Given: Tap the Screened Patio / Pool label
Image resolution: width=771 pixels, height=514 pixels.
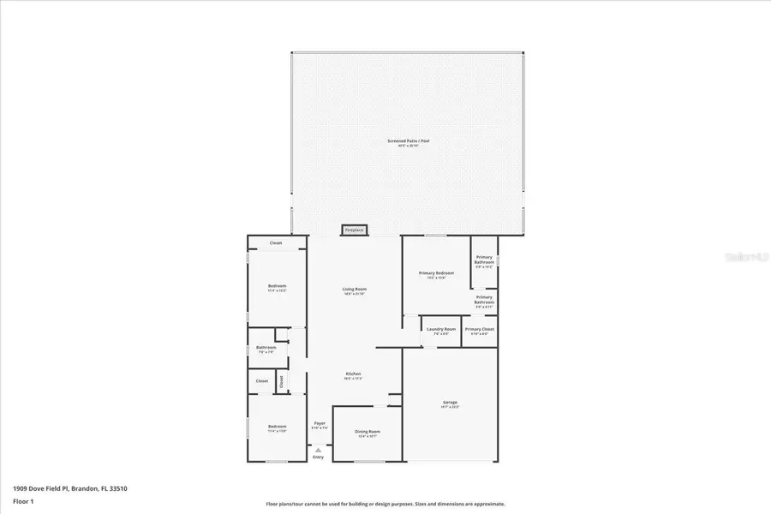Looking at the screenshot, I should click(413, 141).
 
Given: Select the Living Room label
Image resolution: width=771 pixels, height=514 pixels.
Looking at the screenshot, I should click(355, 290).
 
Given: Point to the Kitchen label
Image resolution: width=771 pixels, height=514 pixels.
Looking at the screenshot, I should click(353, 374).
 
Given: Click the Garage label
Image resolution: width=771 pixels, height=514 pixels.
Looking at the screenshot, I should click(450, 403).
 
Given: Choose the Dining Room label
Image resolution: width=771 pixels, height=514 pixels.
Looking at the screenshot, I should click(367, 432).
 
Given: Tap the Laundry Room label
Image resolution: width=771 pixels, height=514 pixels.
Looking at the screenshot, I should click(441, 329).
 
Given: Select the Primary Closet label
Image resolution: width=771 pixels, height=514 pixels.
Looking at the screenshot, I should click(479, 329).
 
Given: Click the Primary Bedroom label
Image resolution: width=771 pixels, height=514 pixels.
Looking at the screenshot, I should click(436, 273).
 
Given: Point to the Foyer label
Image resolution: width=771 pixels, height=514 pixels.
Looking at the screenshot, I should click(320, 423).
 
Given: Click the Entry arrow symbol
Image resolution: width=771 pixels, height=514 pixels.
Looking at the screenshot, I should click(319, 448).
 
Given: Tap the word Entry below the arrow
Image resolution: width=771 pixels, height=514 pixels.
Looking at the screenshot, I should click(319, 457).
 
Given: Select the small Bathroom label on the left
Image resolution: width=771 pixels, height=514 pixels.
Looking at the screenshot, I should click(266, 348).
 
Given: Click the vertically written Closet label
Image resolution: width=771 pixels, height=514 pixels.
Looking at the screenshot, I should click(282, 383).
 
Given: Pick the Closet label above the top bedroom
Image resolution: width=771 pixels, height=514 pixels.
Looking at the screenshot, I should click(276, 243).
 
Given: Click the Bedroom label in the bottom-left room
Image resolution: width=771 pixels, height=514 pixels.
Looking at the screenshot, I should click(276, 427).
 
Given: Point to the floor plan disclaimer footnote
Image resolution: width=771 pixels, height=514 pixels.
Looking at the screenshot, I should click(385, 504).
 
